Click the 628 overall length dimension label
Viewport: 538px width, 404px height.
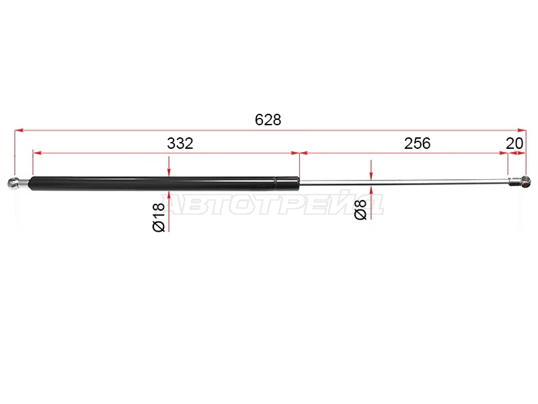coord(268,120)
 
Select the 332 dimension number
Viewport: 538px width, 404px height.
coord(180,143)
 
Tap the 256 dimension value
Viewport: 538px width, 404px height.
coord(417,143)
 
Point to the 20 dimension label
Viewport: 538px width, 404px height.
coord(514,143)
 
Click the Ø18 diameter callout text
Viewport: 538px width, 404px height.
coord(159,217)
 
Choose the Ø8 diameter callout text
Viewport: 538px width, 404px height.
coord(360,210)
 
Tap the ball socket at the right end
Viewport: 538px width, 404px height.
coord(525,181)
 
